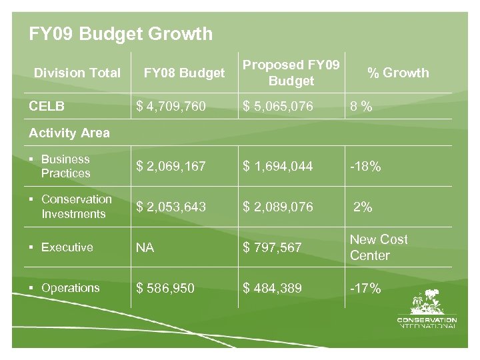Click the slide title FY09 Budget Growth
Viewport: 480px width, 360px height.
121,34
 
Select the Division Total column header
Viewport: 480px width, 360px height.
77,73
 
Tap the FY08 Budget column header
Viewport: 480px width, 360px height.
185,73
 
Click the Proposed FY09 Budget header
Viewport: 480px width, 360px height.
291,73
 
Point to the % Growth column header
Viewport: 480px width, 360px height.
398,73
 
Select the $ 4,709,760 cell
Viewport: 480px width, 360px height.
171,105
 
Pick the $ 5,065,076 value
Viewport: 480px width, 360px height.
278,105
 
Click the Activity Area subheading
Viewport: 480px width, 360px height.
69,133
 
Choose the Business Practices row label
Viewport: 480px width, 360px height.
65,166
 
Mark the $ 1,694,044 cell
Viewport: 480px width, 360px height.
278,166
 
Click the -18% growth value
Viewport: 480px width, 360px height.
365,166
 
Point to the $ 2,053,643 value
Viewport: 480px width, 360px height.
171,207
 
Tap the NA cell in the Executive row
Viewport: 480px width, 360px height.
145,247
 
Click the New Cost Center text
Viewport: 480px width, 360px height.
379,247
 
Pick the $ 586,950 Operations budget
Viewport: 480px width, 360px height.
165,288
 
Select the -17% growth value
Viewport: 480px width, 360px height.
365,288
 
